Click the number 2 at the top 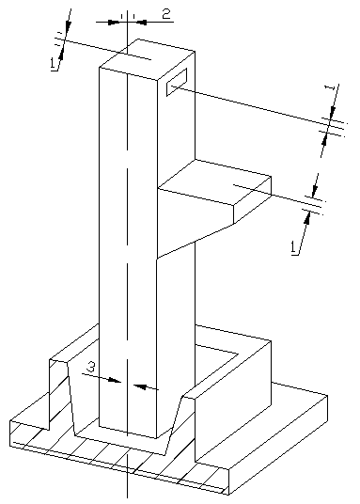[x=165, y=14]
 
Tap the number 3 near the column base [x=91, y=367]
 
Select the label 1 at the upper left [x=53, y=64]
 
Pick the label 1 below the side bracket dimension [x=293, y=248]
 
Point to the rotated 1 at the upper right [x=329, y=88]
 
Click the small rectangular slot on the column [x=177, y=82]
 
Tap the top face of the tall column [x=148, y=59]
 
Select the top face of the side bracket [x=214, y=181]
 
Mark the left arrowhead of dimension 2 [x=114, y=23]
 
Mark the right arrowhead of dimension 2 [x=141, y=23]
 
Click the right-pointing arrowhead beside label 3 [x=114, y=380]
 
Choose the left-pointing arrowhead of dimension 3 [x=140, y=386]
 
